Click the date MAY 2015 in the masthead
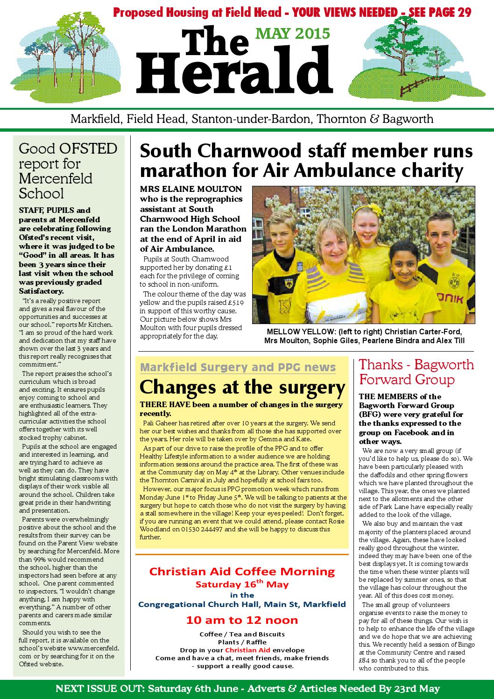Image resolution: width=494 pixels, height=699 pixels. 293,33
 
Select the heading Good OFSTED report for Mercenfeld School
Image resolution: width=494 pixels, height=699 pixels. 68,171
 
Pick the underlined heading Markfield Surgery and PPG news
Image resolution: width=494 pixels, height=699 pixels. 238,367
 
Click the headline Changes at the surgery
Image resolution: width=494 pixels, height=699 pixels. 242,387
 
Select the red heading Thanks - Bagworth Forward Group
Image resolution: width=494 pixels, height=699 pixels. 416,372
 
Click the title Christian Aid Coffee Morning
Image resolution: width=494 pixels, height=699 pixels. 242,571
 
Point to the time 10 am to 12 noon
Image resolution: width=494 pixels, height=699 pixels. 242,620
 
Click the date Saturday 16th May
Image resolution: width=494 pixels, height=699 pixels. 242,584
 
